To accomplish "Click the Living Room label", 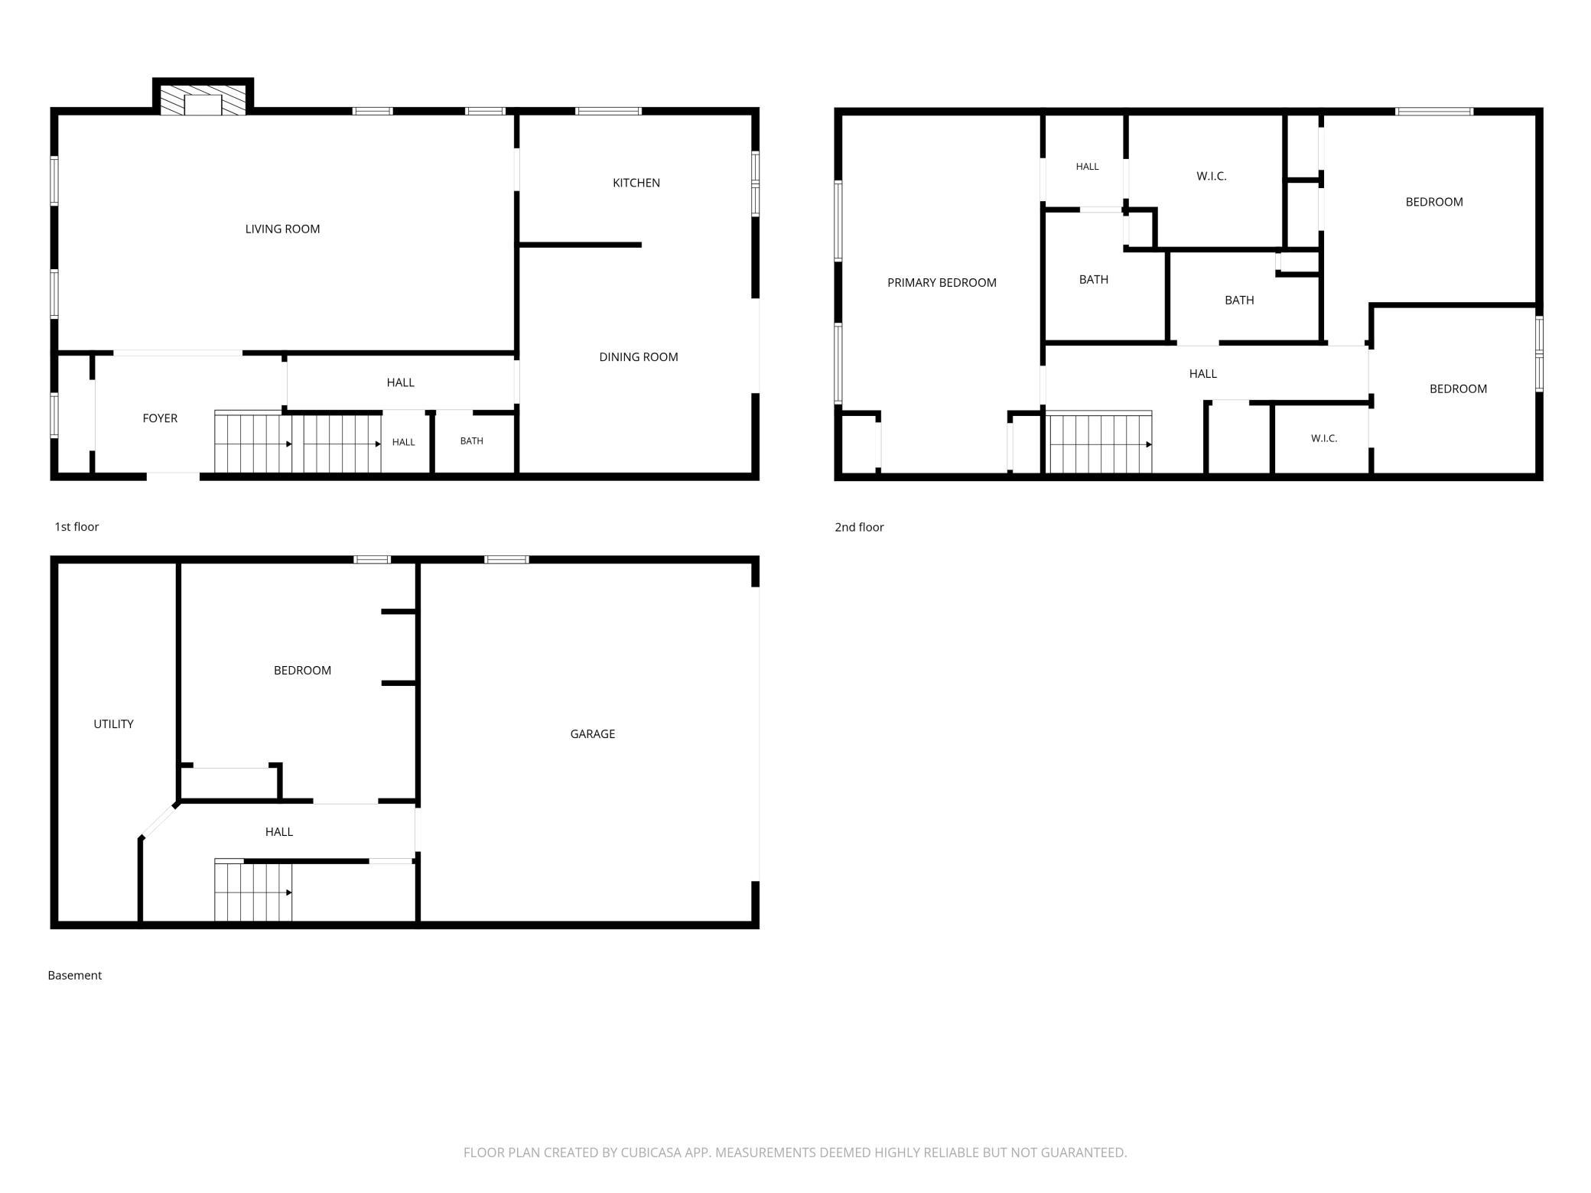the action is (282, 229).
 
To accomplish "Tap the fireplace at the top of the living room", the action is (203, 97).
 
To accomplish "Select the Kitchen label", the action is (636, 183).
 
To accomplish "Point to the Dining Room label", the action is (639, 357).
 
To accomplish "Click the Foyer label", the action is (160, 418).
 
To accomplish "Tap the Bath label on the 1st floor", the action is (472, 441).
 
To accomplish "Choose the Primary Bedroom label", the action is (942, 283).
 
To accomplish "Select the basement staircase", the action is (253, 891).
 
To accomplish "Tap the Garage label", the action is (593, 734).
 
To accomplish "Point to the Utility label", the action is (113, 724).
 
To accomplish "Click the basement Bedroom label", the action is (302, 671).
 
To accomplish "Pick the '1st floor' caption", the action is (76, 527).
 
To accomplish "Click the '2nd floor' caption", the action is (859, 527).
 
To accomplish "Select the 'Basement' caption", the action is (74, 975).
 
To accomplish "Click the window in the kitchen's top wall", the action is (608, 112).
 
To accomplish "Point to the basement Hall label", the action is (279, 832).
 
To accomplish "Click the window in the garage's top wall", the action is (507, 560).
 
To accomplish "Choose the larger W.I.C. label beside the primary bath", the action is (1212, 177).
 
